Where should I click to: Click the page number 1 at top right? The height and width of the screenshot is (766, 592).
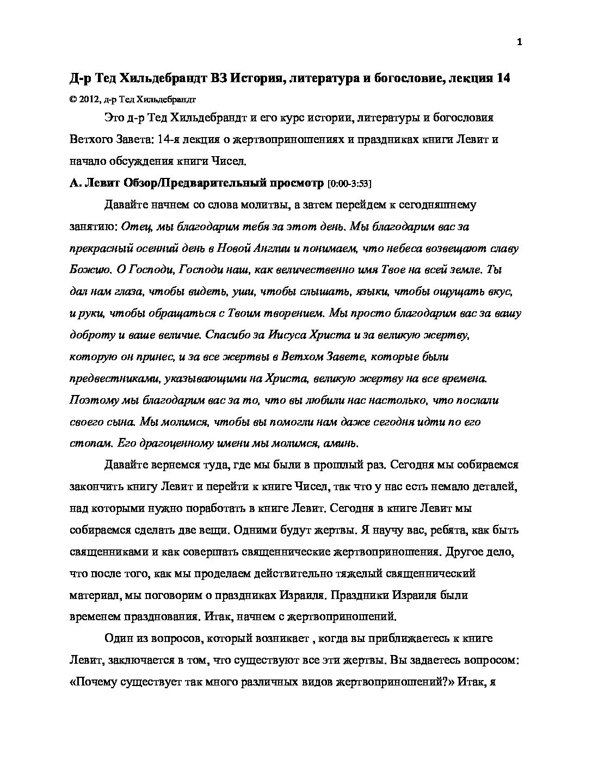pos(519,43)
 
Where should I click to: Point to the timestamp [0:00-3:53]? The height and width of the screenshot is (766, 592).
pos(349,184)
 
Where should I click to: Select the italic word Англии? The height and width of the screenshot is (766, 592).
pos(272,248)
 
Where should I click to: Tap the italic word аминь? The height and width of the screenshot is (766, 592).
pos(341,443)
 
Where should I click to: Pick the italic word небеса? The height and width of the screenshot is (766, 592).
pos(400,248)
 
